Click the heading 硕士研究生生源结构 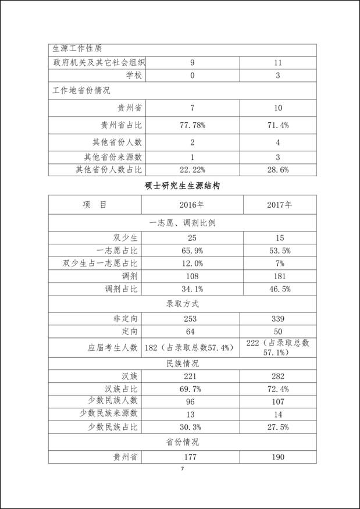[x=182, y=186]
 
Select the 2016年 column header [x=192, y=205]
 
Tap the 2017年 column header [x=279, y=205]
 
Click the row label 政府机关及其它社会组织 [x=98, y=62]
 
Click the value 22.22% [x=192, y=169]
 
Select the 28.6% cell [x=279, y=169]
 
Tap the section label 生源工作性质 [x=79, y=49]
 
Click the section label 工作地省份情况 [x=81, y=91]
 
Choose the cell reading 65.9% [x=192, y=251]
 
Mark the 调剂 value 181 [x=279, y=276]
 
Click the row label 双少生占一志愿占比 [x=100, y=264]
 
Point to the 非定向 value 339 [x=279, y=318]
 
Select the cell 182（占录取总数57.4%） [x=192, y=347]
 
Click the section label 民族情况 [x=182, y=363]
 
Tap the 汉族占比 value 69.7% [x=192, y=388]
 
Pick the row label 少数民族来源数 [x=109, y=414]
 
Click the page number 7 [x=182, y=469]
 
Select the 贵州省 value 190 [x=279, y=457]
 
